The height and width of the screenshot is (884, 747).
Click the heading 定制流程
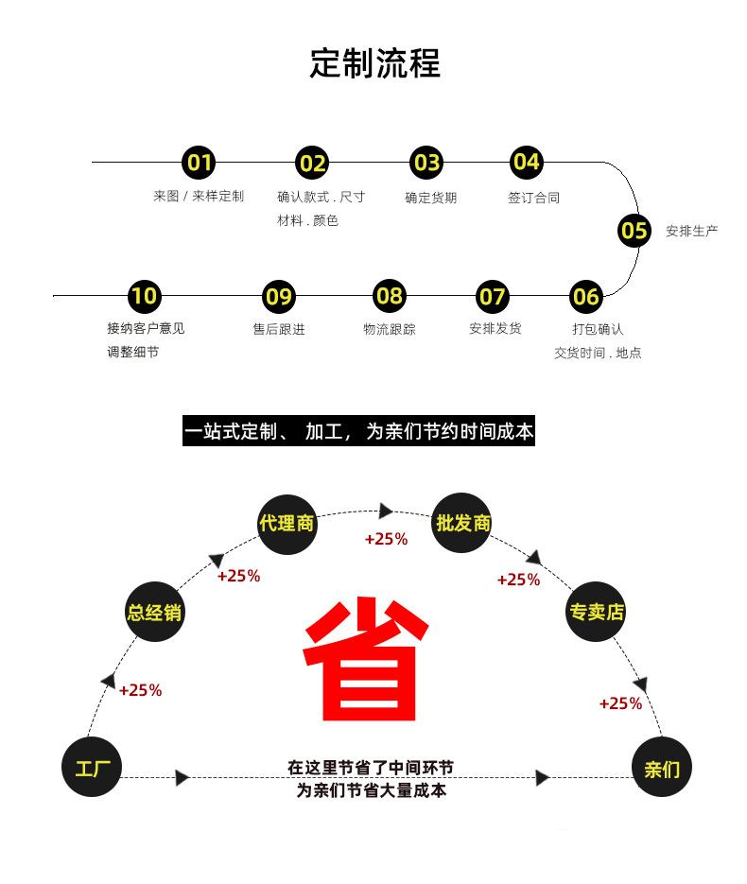(374, 63)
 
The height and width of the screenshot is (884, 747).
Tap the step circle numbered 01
(200, 163)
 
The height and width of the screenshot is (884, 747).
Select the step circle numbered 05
(634, 230)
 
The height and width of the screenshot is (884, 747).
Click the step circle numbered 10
(144, 296)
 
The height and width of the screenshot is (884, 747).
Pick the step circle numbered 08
(390, 296)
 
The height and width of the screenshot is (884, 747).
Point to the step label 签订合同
(533, 198)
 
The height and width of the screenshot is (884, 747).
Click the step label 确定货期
(430, 198)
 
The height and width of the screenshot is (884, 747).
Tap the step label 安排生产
(691, 231)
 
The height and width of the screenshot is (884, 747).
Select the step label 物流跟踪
(389, 329)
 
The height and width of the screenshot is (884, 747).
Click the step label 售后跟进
(278, 329)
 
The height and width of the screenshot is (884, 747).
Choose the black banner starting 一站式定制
(359, 432)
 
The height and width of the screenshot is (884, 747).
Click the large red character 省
(366, 658)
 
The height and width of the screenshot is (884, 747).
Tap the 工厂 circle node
(93, 767)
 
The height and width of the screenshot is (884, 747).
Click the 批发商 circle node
(462, 522)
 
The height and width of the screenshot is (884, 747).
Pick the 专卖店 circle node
(596, 612)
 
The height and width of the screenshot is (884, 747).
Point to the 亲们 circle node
(662, 768)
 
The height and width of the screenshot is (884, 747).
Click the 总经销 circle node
(154, 612)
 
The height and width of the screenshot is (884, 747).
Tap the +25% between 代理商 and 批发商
(386, 539)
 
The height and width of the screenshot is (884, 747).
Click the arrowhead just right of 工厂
(182, 778)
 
